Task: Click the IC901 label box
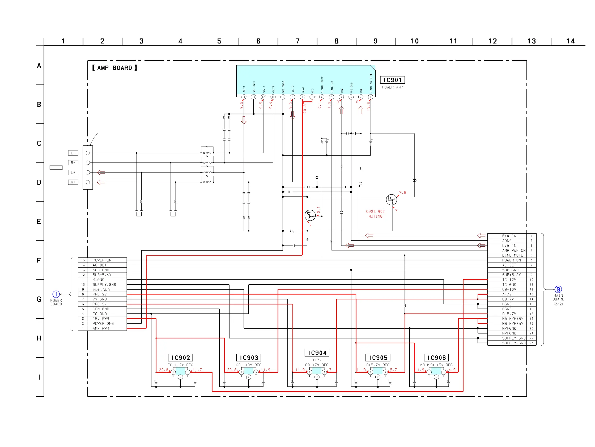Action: pyautogui.click(x=392, y=80)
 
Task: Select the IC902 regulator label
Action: pyautogui.click(x=180, y=358)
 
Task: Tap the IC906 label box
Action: pyautogui.click(x=436, y=358)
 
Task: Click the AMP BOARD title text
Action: pyautogui.click(x=114, y=68)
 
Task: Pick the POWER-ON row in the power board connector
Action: pyautogui.click(x=102, y=260)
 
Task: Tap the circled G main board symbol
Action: pyautogui.click(x=558, y=289)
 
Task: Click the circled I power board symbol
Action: pyautogui.click(x=56, y=294)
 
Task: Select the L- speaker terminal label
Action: pyautogui.click(x=73, y=153)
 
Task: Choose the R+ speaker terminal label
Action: pyautogui.click(x=73, y=182)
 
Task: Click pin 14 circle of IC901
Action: pyautogui.click(x=244, y=97)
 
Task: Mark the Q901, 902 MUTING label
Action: pyautogui.click(x=375, y=214)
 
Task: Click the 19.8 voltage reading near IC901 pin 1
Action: pyautogui.click(x=368, y=106)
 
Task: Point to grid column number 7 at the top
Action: pyautogui.click(x=297, y=41)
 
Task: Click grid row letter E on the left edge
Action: pyautogui.click(x=39, y=221)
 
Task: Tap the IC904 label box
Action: pyautogui.click(x=317, y=353)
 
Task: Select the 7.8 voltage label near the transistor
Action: pyautogui.click(x=402, y=192)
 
